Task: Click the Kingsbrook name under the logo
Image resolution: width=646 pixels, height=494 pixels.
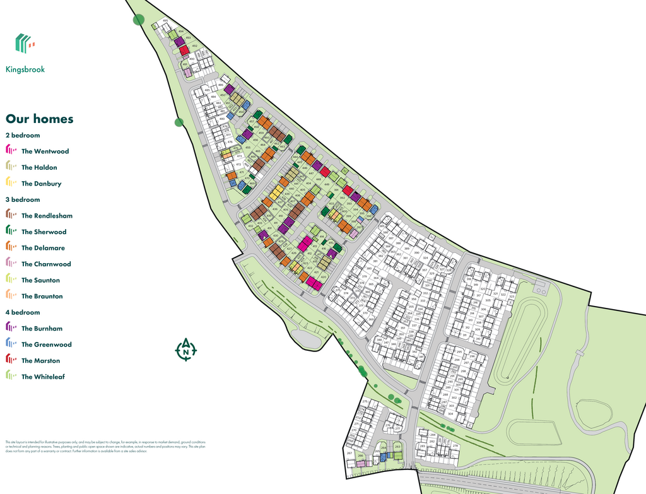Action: (26, 69)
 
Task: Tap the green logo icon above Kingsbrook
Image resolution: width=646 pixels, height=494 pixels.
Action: (25, 43)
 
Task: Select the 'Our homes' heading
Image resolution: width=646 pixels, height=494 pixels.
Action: (39, 119)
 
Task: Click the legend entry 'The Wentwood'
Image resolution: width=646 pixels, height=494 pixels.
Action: (45, 151)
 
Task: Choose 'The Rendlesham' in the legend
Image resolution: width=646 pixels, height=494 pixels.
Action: (47, 216)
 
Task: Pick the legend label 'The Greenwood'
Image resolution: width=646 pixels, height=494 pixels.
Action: (46, 344)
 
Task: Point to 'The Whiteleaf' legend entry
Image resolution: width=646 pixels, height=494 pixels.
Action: (43, 377)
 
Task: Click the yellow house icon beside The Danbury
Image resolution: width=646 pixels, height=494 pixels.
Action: (11, 183)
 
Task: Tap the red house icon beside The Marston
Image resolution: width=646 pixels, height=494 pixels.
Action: (11, 360)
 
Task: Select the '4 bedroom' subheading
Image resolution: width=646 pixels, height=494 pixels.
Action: (22, 312)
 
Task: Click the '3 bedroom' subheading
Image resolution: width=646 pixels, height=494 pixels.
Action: (22, 199)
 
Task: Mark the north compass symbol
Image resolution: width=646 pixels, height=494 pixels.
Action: (185, 350)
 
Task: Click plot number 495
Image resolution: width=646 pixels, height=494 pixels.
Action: (165, 21)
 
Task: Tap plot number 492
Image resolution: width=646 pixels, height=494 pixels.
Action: (194, 46)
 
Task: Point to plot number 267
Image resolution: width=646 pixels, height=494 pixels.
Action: (349, 453)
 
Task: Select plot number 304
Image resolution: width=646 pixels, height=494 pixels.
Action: (450, 414)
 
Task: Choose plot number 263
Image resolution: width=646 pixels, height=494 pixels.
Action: (397, 447)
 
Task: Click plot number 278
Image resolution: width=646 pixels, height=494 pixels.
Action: (455, 446)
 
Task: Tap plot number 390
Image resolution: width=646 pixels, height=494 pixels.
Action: (416, 253)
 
